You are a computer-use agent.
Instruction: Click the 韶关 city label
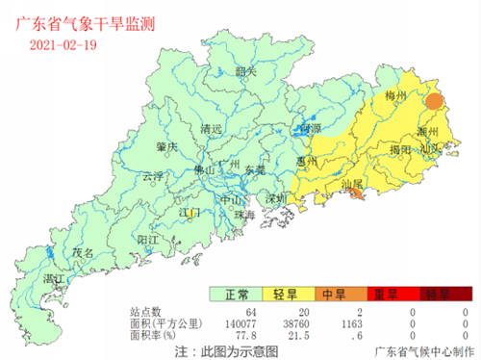tap(246, 71)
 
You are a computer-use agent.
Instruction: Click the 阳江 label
tap(147, 238)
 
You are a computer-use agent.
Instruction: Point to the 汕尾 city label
tap(352, 183)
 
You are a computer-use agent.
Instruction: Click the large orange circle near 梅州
tap(434, 100)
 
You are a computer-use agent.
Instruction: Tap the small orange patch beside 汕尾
tap(358, 195)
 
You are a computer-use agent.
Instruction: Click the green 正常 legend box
tap(237, 295)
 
